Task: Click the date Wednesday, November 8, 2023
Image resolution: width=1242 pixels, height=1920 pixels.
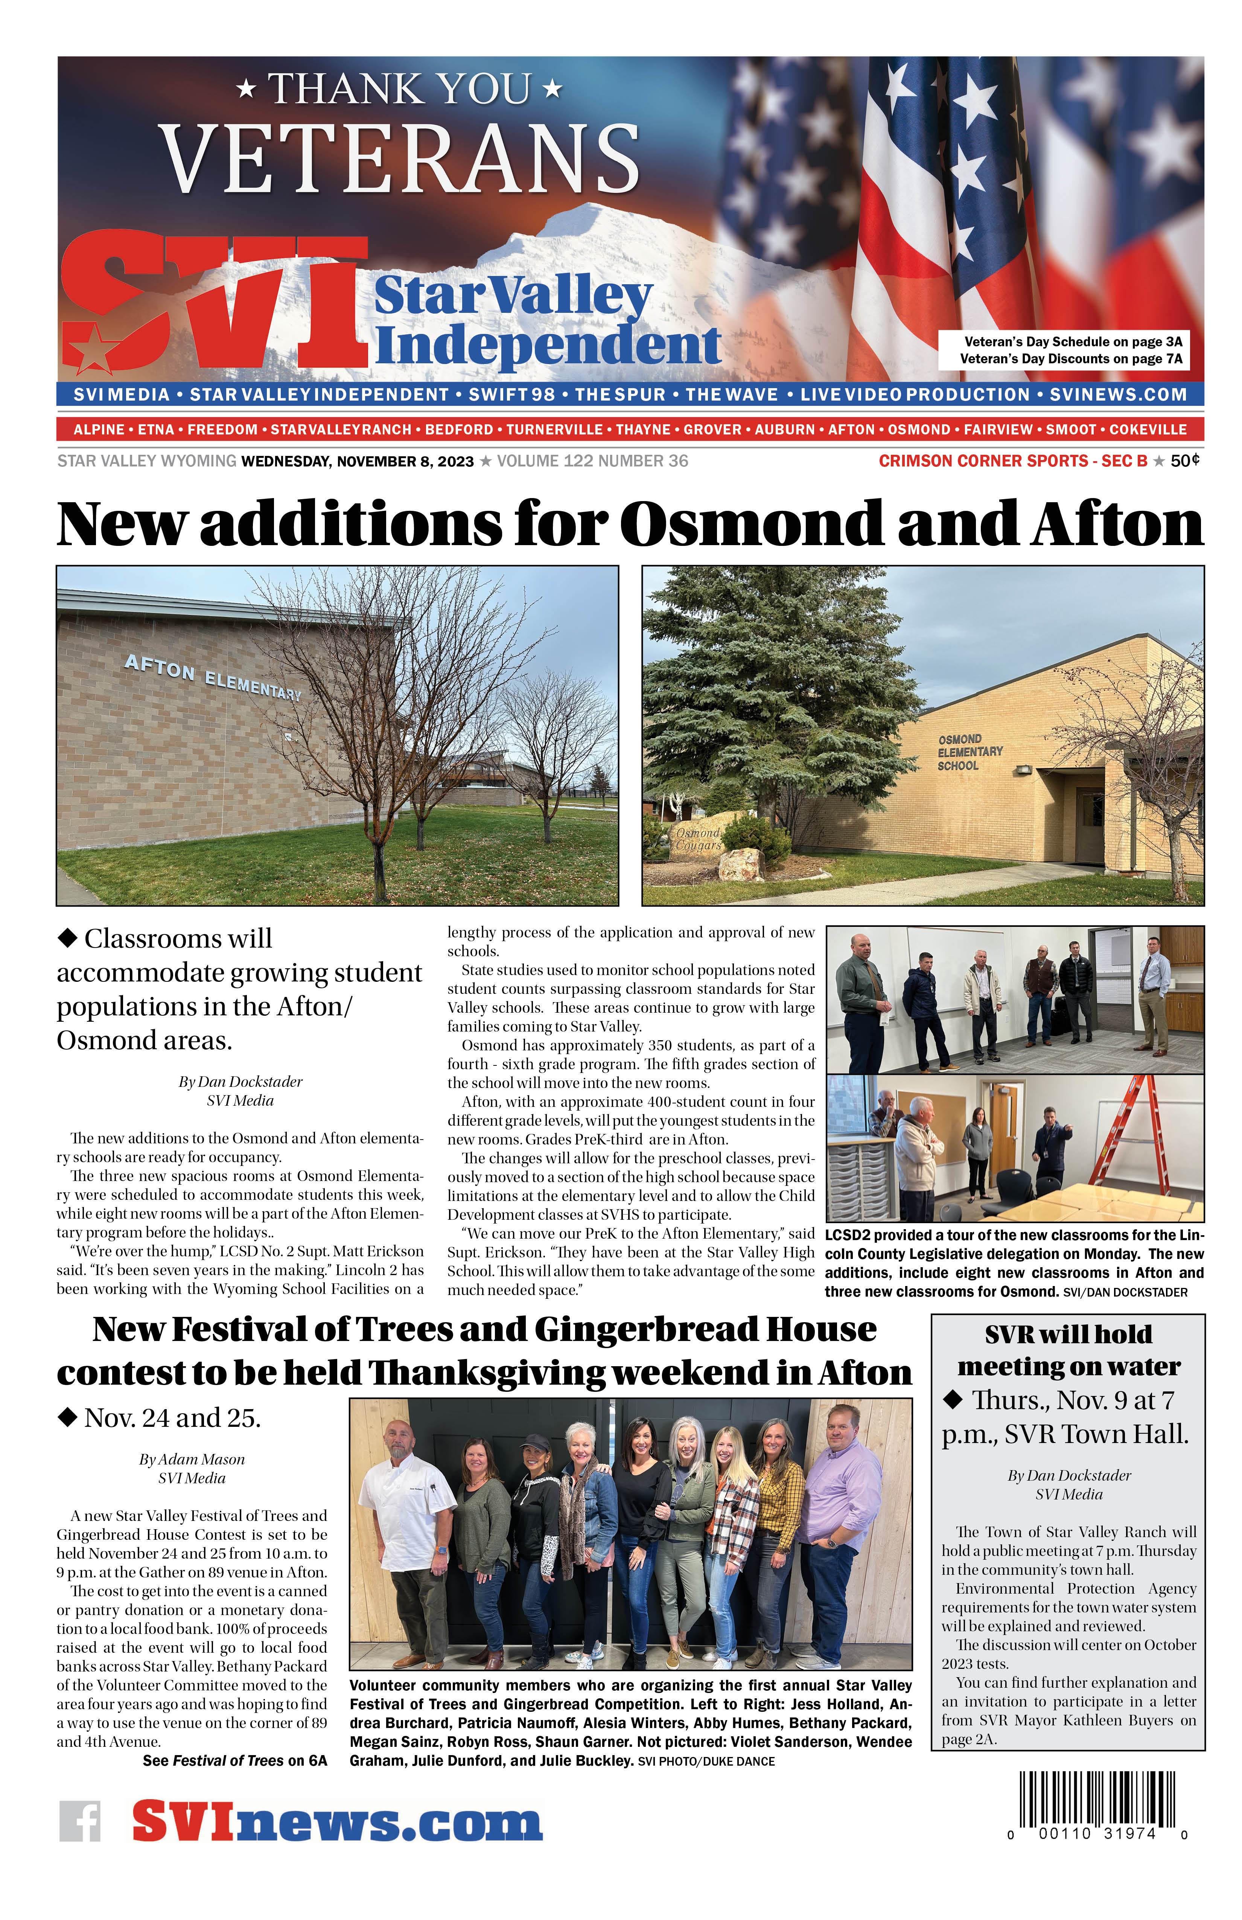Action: [357, 462]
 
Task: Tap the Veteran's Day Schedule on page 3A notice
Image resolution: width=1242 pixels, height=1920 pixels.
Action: [1073, 341]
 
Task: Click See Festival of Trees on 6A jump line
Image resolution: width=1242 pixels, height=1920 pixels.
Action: [235, 1760]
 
